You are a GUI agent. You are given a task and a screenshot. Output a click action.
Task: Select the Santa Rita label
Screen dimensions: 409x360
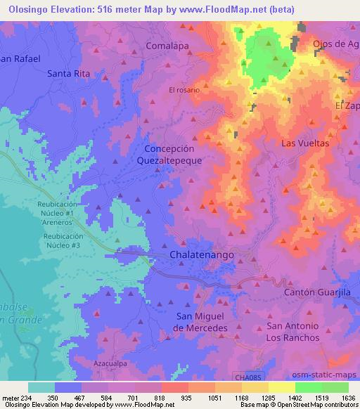[x=68, y=73]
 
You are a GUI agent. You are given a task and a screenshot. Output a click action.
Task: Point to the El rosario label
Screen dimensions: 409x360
[x=184, y=90]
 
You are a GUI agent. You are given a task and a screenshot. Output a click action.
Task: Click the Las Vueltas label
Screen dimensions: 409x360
[x=305, y=143]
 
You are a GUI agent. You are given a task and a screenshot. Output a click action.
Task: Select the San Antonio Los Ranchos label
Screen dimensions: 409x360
[x=293, y=332]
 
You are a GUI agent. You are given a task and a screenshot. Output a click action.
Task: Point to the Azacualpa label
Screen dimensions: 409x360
[x=109, y=364]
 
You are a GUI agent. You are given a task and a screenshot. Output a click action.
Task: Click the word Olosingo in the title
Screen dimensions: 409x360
[x=27, y=9]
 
